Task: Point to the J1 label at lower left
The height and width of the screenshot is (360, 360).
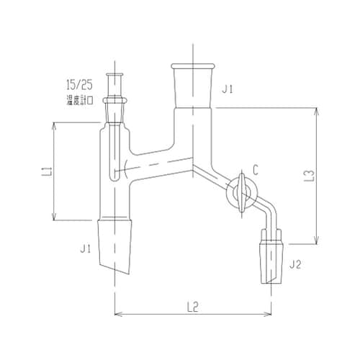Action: [86, 249]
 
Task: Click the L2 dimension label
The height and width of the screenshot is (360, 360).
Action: [192, 306]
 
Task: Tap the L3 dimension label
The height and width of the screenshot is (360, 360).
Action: [307, 175]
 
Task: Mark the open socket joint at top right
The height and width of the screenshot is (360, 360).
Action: [192, 78]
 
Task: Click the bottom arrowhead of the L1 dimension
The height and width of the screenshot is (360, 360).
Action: [53, 217]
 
